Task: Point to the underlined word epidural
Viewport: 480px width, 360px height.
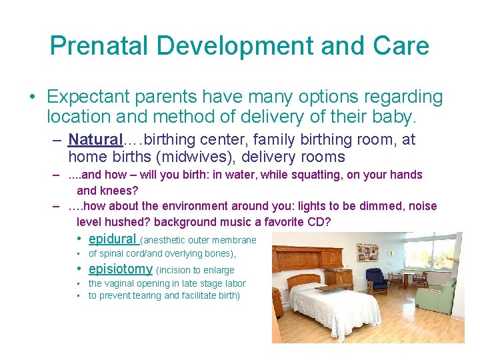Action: tap(111, 239)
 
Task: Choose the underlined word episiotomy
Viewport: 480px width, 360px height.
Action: tap(120, 269)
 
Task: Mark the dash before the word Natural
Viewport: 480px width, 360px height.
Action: tap(58, 141)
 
